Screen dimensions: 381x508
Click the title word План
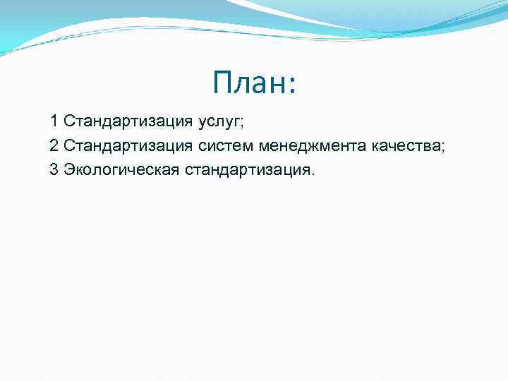248,84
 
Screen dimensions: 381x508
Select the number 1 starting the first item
54,121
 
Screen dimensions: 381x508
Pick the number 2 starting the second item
54,146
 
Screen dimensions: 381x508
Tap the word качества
405,146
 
